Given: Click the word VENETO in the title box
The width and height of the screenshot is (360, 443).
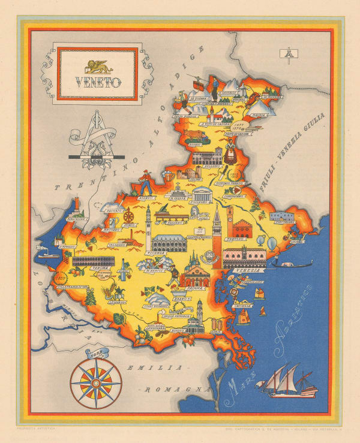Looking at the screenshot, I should point(98,81).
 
